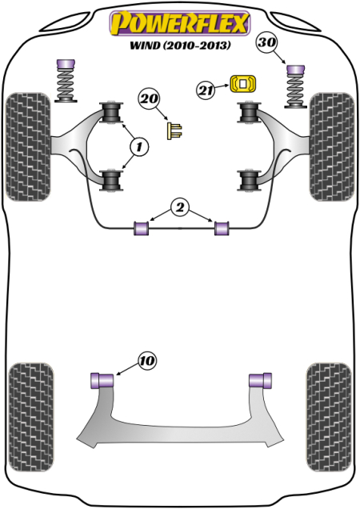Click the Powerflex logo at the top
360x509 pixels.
click(180, 23)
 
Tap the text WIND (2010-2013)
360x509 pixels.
click(180, 46)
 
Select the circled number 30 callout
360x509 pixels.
click(267, 43)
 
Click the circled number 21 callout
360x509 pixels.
click(206, 90)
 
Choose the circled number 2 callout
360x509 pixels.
click(180, 209)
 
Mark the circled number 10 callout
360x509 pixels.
click(146, 362)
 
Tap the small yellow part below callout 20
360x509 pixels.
click(172, 130)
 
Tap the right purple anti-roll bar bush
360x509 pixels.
click(222, 229)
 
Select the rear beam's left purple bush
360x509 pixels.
click(102, 379)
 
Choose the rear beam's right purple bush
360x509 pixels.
click(261, 379)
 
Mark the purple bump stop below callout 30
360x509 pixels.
click(294, 70)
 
